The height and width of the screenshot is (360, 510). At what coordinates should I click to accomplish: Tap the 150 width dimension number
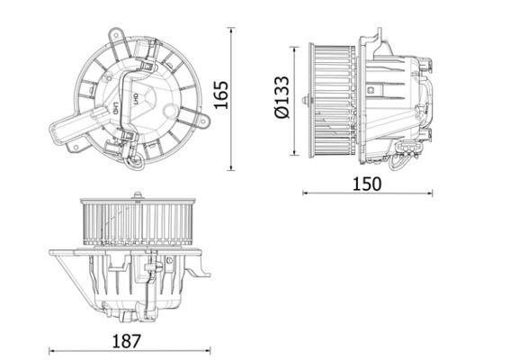click(x=367, y=183)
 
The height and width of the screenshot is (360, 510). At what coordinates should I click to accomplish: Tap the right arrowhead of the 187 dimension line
click(x=212, y=352)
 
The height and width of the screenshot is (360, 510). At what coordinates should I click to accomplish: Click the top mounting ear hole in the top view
click(x=115, y=32)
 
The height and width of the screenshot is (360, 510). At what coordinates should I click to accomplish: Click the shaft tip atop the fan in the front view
click(x=135, y=193)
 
